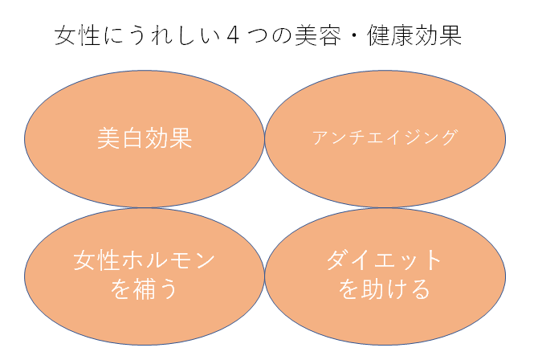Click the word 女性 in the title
[79, 37]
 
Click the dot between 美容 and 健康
[353, 37]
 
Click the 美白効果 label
[145, 138]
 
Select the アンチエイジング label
[385, 137]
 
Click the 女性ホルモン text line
[145, 260]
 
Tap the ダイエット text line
[385, 260]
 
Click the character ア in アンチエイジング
[320, 137]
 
